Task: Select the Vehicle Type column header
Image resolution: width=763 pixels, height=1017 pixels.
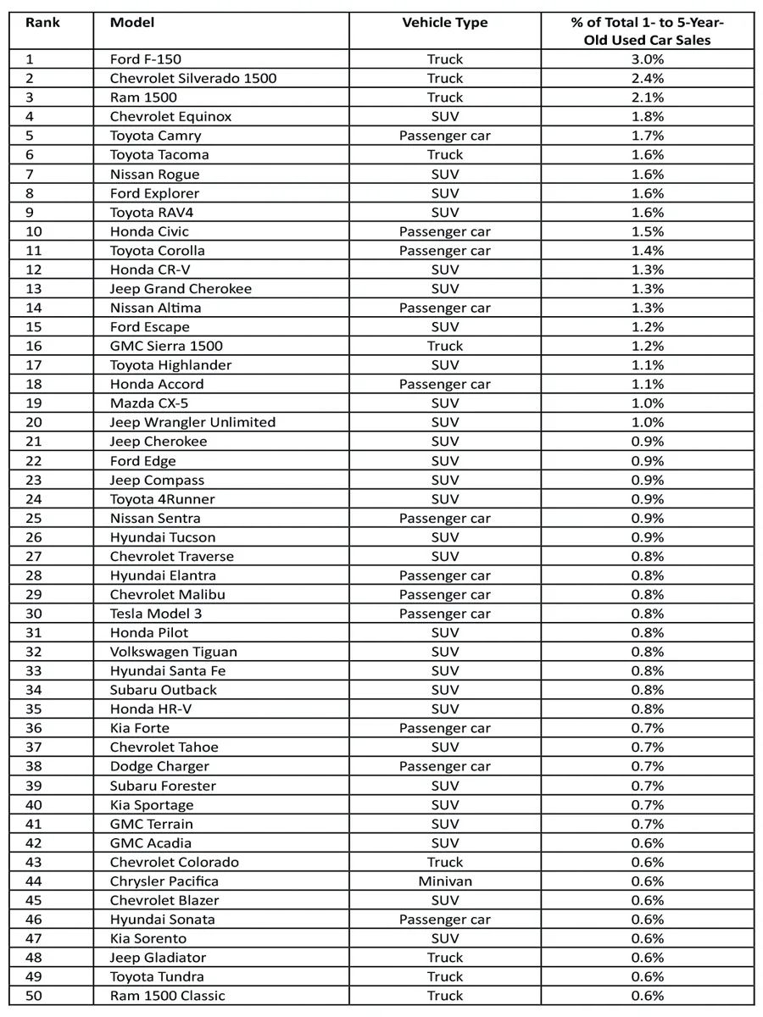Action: [x=445, y=23]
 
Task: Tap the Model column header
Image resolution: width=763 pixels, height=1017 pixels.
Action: [x=132, y=22]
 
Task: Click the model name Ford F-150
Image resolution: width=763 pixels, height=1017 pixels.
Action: [x=146, y=59]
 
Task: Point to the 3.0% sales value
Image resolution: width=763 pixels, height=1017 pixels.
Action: [x=648, y=59]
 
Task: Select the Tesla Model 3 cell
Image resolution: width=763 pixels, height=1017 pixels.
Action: [x=156, y=614]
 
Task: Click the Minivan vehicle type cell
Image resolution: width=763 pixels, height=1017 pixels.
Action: [x=445, y=881]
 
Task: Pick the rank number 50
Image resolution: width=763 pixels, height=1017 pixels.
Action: [x=33, y=996]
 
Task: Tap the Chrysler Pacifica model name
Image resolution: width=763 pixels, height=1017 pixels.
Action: [x=164, y=881]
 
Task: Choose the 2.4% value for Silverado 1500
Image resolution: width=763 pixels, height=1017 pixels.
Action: [x=648, y=78]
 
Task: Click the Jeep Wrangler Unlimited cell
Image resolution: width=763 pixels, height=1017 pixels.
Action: [x=192, y=422]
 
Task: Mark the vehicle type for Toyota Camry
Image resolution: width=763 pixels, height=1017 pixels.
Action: [x=445, y=136]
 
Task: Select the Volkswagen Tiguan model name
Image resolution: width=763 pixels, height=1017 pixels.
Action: [x=174, y=652]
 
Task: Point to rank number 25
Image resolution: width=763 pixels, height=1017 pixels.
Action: [x=33, y=518]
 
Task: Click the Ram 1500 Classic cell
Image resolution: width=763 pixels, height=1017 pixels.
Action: [x=168, y=996]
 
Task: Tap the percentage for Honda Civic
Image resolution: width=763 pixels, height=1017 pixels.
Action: [x=648, y=231]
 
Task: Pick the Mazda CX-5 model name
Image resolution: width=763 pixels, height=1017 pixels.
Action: [x=149, y=403]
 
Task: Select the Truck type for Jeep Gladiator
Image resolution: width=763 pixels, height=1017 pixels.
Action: [x=445, y=958]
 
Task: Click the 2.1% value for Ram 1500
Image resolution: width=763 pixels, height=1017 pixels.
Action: [x=648, y=97]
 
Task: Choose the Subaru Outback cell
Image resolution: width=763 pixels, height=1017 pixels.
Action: [x=164, y=690]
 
